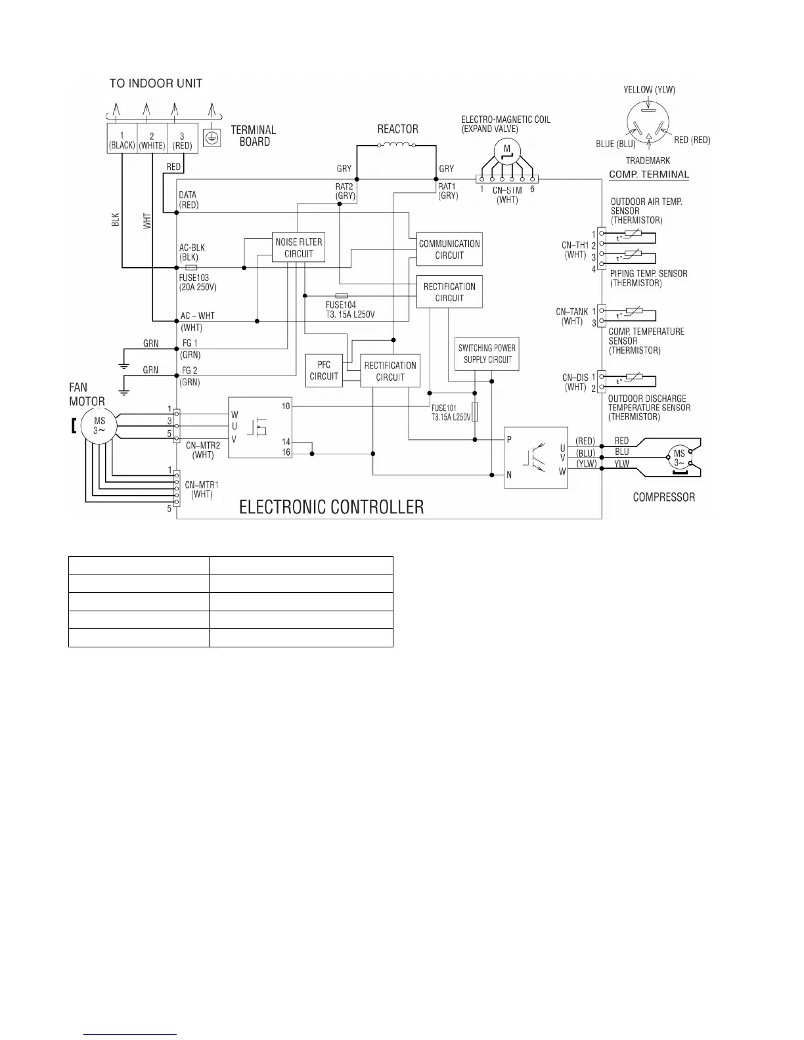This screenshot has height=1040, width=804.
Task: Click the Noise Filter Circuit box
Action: pos(299,248)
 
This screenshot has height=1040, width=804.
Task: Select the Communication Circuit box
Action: pos(449,249)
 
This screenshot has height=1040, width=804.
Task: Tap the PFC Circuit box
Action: pos(324,370)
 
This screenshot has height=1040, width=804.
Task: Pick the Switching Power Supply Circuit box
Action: pos(487,354)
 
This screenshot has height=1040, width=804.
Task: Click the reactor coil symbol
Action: pos(398,145)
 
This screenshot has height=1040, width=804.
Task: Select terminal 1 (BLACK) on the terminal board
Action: pos(122,138)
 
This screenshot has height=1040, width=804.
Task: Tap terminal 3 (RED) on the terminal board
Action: pos(182,138)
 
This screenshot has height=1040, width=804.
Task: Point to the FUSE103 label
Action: pos(194,278)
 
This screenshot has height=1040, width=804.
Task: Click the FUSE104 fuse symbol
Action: pos(342,296)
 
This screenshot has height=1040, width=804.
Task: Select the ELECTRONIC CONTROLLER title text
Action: pos(331,507)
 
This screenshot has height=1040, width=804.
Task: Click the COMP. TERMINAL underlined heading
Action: pos(649,175)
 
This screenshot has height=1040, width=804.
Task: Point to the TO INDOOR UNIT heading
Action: pos(156,83)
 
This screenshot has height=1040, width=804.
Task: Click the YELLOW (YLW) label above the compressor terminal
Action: pos(649,90)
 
